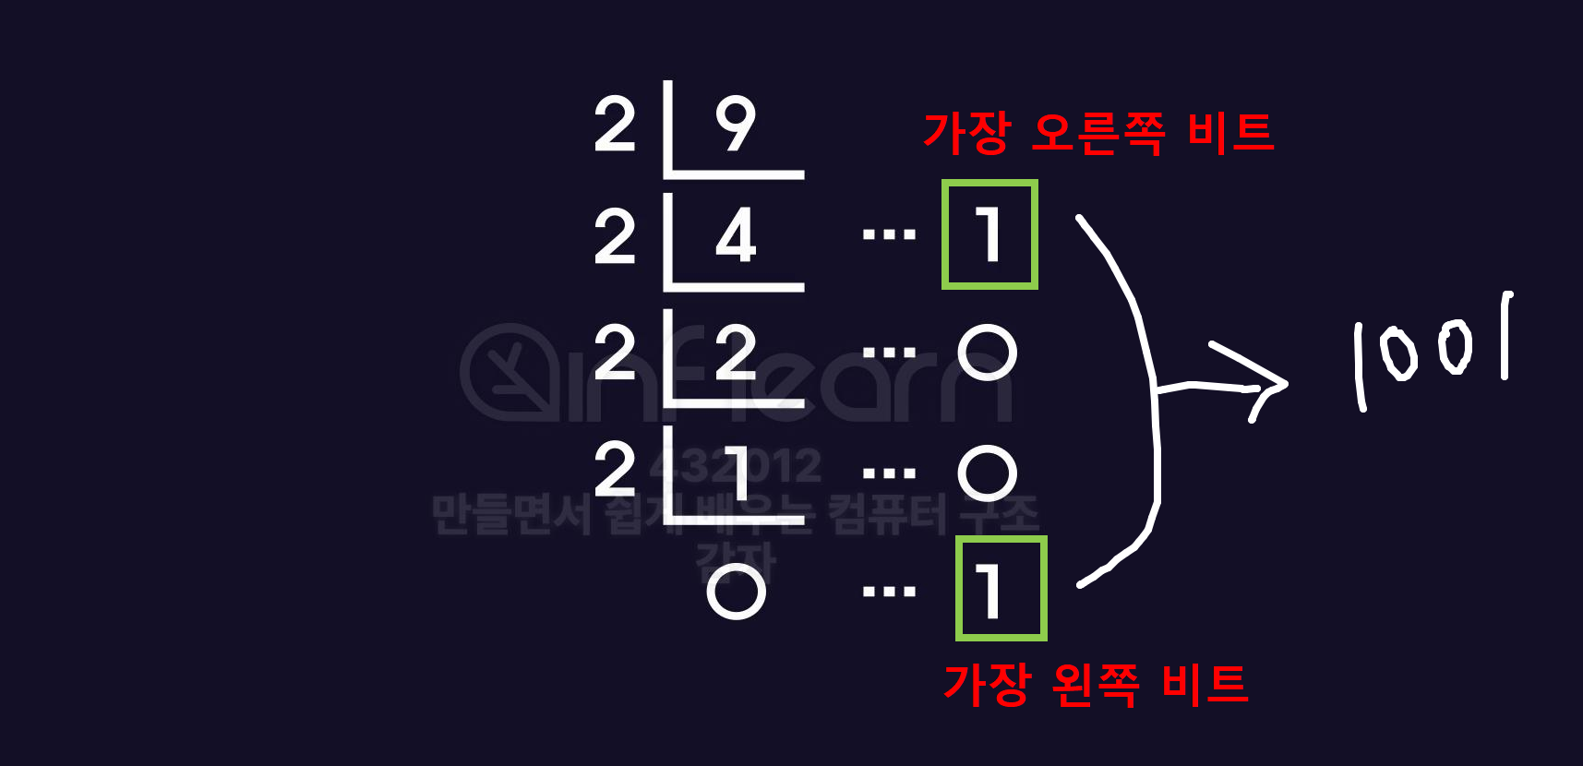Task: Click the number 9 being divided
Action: coord(736,124)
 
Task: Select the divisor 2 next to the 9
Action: coord(615,125)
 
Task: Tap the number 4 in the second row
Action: coord(736,236)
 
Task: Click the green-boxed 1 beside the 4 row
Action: coord(989,234)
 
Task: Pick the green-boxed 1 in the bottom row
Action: coord(1001,589)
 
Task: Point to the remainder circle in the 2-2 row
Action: coord(987,353)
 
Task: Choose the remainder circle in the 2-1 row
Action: coord(987,473)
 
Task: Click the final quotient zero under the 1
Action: coord(736,591)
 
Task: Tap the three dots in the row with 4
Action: coord(888,235)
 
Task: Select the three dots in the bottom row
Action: coord(888,592)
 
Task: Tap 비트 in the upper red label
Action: coord(1229,133)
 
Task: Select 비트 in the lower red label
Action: coord(1205,685)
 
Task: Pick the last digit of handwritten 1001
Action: coord(1505,336)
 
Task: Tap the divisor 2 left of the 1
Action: coord(615,470)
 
